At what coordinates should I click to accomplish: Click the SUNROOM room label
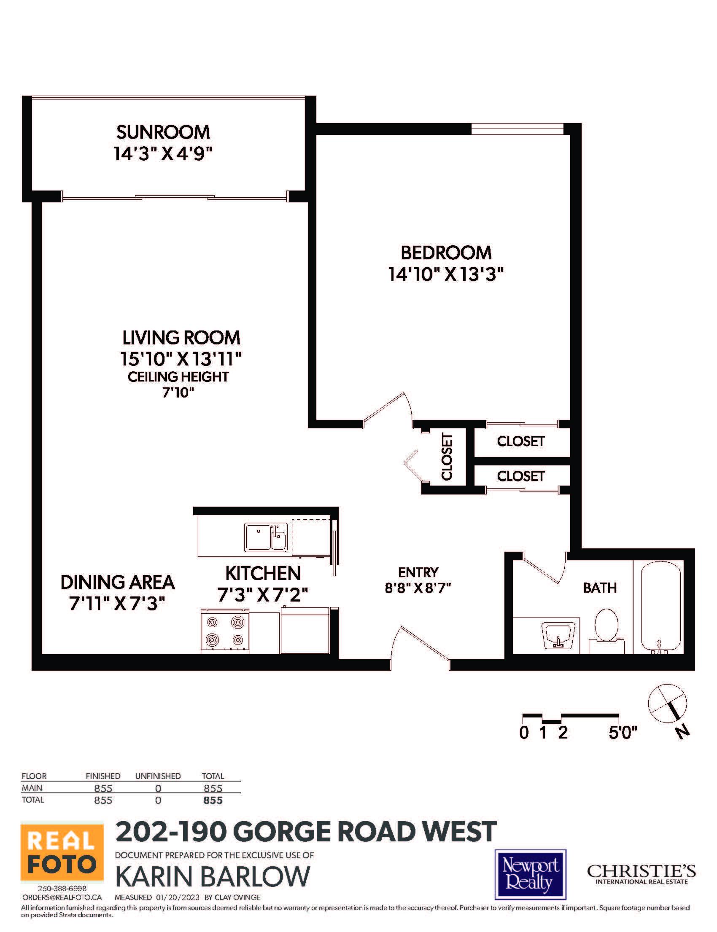[x=163, y=132]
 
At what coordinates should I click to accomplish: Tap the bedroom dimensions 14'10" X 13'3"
[x=446, y=274]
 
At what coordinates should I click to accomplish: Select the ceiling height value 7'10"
[x=178, y=392]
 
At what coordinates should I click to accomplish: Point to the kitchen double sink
[x=265, y=537]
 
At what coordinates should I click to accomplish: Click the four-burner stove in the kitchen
[x=225, y=631]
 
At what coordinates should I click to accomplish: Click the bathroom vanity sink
[x=558, y=636]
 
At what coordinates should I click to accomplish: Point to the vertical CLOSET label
[x=446, y=457]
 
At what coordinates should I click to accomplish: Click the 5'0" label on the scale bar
[x=623, y=733]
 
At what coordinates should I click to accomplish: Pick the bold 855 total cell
[x=213, y=800]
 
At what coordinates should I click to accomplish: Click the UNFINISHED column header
[x=158, y=776]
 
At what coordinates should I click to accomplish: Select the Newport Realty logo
[x=531, y=874]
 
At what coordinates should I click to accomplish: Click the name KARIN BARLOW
[x=213, y=877]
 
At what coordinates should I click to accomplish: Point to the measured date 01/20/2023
[x=178, y=897]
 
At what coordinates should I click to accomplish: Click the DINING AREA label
[x=117, y=582]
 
